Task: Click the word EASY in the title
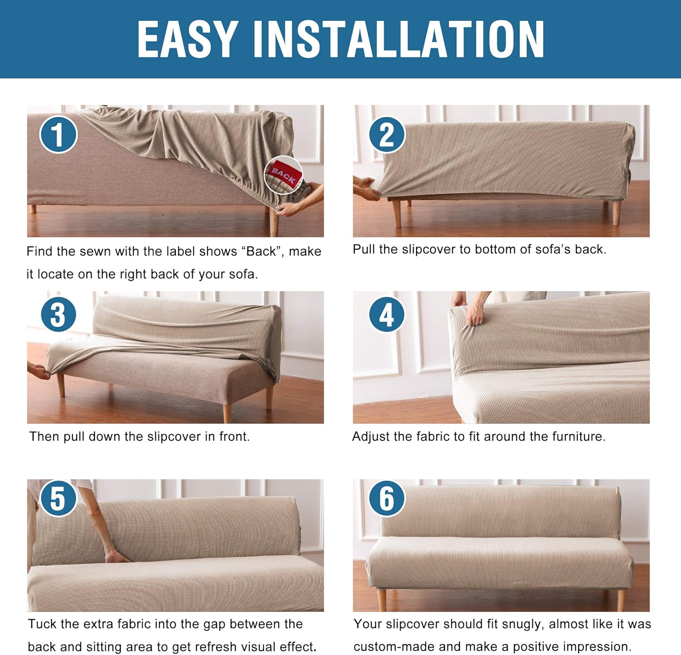click(x=188, y=39)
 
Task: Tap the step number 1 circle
click(x=59, y=134)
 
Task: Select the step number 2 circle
click(x=386, y=134)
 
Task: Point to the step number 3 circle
click(x=59, y=314)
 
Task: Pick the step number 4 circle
click(x=386, y=314)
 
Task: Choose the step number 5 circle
click(x=59, y=498)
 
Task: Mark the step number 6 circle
click(x=386, y=498)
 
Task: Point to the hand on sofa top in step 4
click(x=474, y=313)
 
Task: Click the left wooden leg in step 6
click(x=382, y=600)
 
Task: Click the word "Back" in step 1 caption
click(x=261, y=251)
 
